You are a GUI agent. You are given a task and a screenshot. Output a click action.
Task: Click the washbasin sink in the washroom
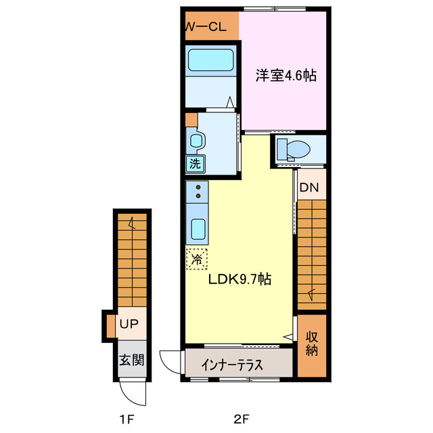197,141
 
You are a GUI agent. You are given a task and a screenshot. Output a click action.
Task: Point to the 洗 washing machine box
195,163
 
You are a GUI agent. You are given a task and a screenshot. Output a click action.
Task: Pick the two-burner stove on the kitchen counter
198,192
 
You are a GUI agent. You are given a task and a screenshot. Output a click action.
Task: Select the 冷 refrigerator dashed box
198,258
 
